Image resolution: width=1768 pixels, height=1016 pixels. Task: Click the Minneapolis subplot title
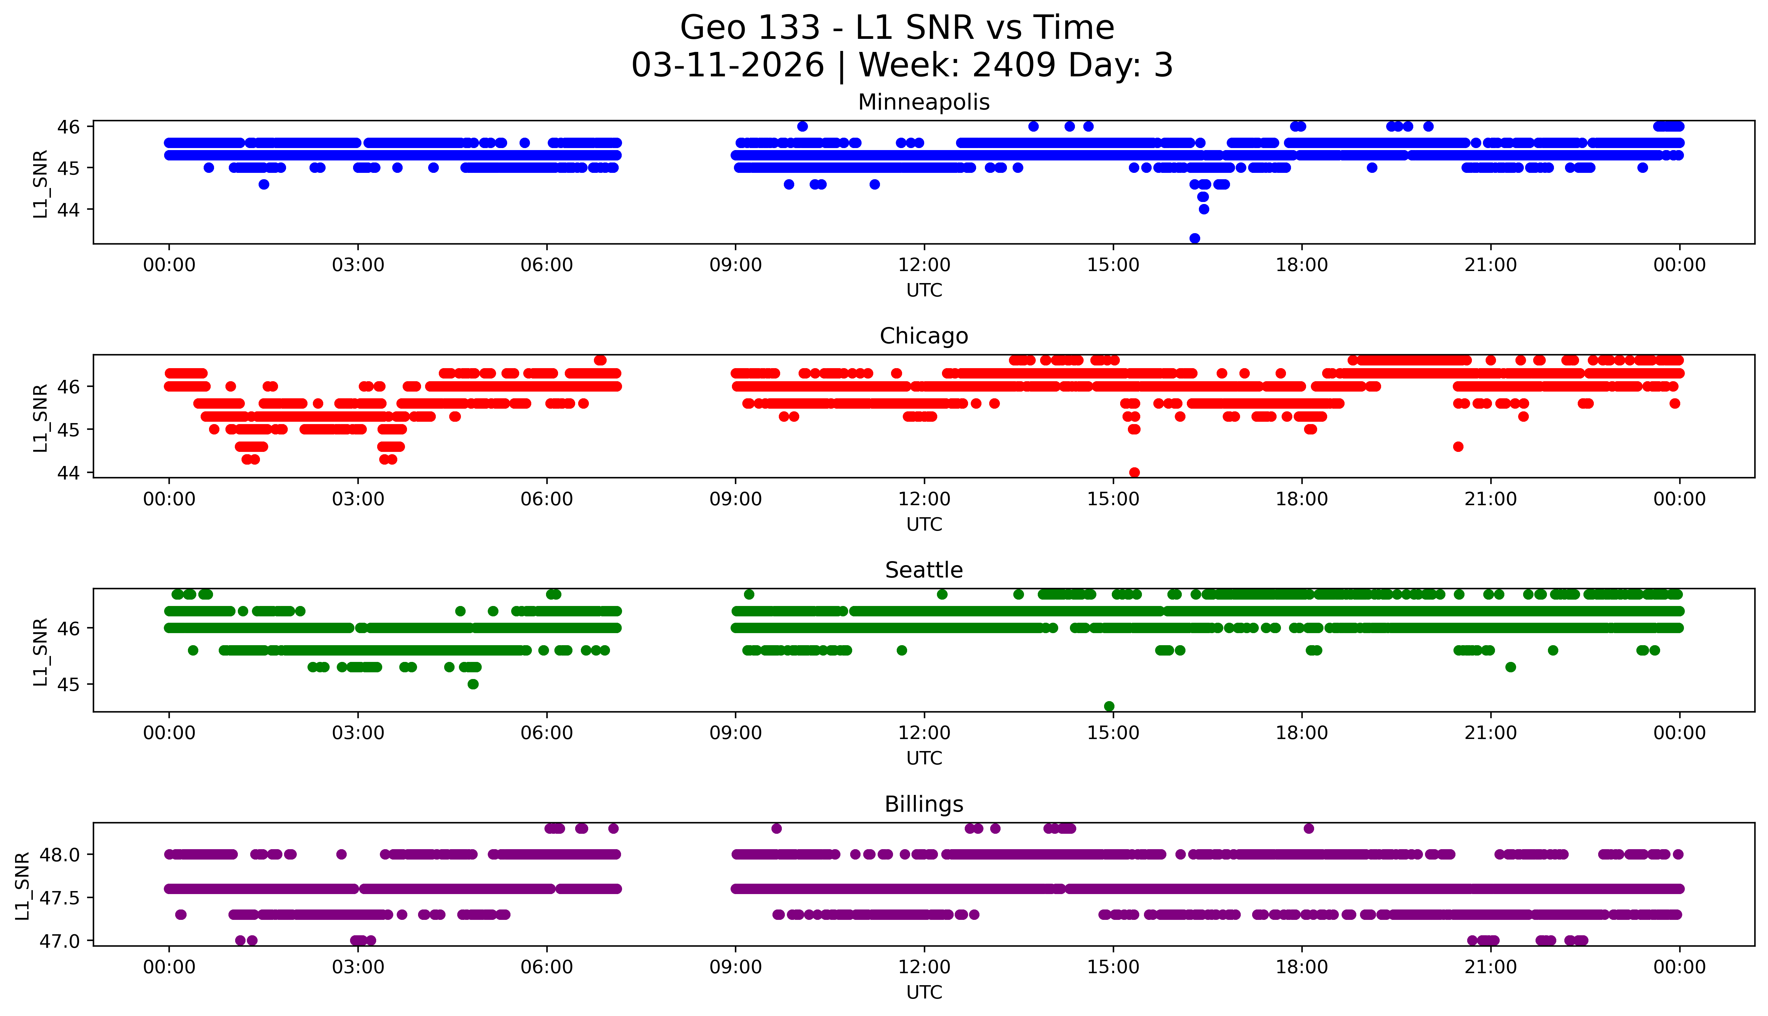924,103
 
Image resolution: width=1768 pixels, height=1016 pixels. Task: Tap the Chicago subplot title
924,336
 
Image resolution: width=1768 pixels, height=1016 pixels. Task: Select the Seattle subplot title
924,570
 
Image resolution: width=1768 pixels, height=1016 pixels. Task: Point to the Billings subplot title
924,805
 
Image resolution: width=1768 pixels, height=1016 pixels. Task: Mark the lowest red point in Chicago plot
1135,472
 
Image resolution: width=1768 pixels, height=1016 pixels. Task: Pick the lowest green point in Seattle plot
1109,706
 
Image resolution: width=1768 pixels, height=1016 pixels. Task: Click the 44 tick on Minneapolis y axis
69,209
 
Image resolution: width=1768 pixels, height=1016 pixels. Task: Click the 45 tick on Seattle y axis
69,685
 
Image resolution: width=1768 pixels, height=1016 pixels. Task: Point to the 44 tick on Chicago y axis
69,472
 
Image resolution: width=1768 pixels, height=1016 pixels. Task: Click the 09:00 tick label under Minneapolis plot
735,265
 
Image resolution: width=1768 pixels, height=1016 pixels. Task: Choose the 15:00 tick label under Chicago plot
1113,499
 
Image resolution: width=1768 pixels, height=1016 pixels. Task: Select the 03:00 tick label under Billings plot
358,967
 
